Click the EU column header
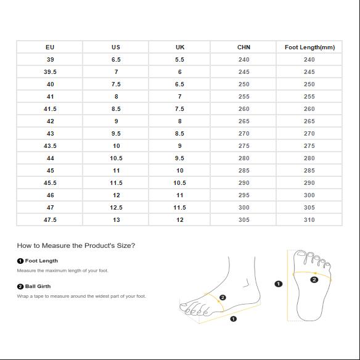pyautogui.click(x=50, y=47)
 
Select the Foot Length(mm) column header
pyautogui.click(x=309, y=47)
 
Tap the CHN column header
pyautogui.click(x=244, y=47)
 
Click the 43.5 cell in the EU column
pyautogui.click(x=50, y=146)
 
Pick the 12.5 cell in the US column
pyautogui.click(x=116, y=208)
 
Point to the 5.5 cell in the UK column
pyautogui.click(x=179, y=60)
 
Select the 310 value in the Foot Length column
pyautogui.click(x=309, y=220)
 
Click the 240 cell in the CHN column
pyautogui.click(x=244, y=60)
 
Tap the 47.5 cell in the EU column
pyautogui.click(x=50, y=220)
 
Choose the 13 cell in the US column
pyautogui.click(x=116, y=220)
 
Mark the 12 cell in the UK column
pyautogui.click(x=179, y=220)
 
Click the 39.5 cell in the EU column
pyautogui.click(x=50, y=72)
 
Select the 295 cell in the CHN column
pyautogui.click(x=244, y=195)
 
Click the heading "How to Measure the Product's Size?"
pyautogui.click(x=76, y=246)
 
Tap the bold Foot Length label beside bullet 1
pyautogui.click(x=41, y=261)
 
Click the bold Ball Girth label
pyautogui.click(x=38, y=286)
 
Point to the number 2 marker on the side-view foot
pyautogui.click(x=223, y=298)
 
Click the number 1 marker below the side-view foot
pyautogui.click(x=233, y=319)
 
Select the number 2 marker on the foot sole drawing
pyautogui.click(x=314, y=279)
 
